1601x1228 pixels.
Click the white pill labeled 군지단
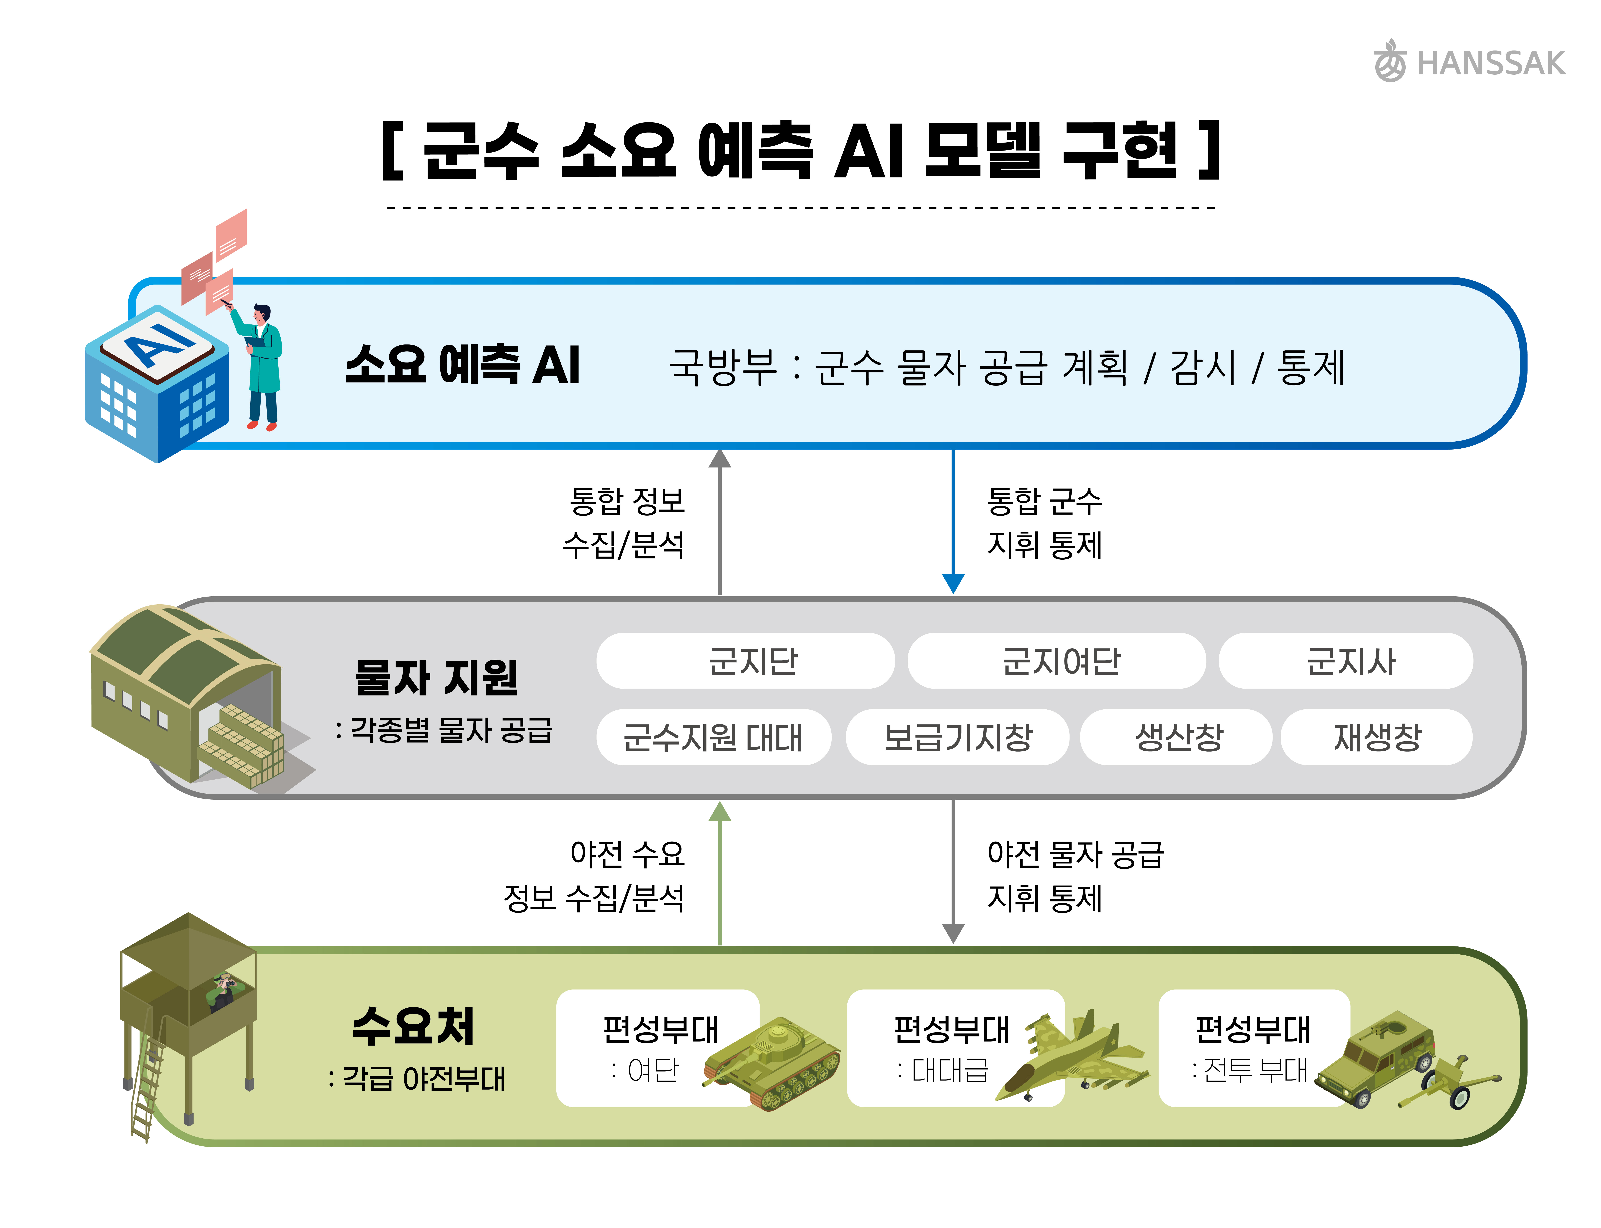(x=745, y=661)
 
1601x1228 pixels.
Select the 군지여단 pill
(x=1057, y=661)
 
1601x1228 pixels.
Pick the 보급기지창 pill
(x=957, y=737)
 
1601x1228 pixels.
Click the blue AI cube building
(x=157, y=384)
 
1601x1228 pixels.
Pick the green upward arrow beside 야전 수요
(x=720, y=873)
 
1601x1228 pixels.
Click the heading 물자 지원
(x=436, y=677)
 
